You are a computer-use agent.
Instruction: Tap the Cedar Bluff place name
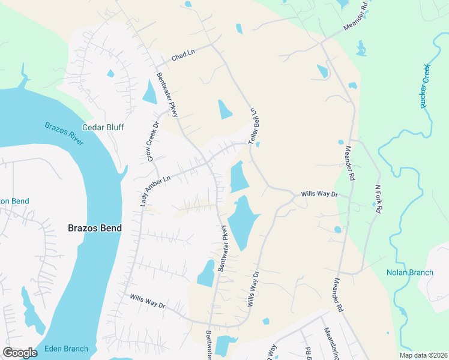coord(103,127)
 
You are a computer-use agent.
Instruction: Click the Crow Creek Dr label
coord(152,142)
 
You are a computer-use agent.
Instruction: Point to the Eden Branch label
coord(65,349)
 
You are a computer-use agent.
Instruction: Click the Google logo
coord(20,353)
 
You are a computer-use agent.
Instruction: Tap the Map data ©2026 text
coord(424,355)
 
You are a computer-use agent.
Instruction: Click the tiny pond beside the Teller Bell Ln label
coord(258,145)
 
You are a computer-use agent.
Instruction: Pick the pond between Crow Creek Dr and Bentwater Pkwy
coord(149,91)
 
